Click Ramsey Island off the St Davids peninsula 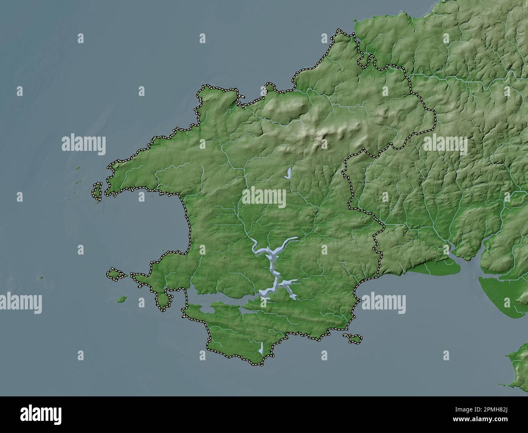click(x=97, y=191)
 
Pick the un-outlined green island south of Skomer click(x=121, y=300)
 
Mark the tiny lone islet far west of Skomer click(x=41, y=278)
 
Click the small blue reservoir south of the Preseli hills click(x=288, y=174)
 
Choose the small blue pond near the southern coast click(x=261, y=348)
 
